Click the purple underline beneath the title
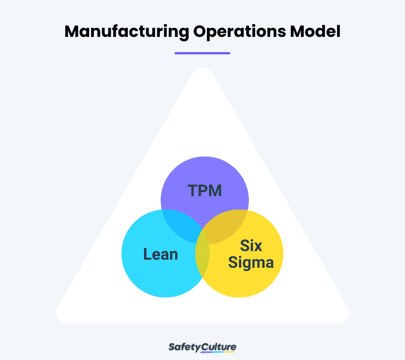[x=202, y=53]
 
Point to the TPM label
[x=205, y=191]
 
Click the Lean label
[x=161, y=254]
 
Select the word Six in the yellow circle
[x=251, y=246]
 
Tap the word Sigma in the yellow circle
[x=251, y=262]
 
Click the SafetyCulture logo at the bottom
[x=202, y=347]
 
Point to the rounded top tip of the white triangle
[x=202, y=74]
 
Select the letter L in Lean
[x=146, y=254]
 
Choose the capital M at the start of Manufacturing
[x=72, y=32]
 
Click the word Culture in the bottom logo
[x=220, y=347]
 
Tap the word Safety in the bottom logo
[x=184, y=347]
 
